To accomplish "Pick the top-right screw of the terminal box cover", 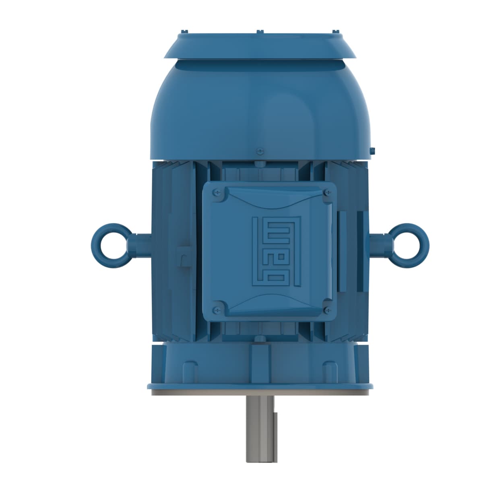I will point(326,193).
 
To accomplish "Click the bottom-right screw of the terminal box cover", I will point(326,310).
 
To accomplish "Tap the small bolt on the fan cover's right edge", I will point(372,151).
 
